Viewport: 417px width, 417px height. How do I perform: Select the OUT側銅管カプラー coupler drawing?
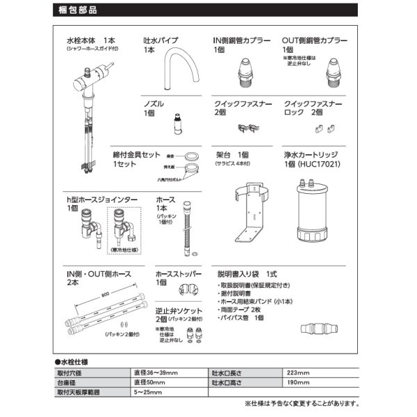[334, 70]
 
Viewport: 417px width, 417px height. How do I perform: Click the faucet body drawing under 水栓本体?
[90, 104]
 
